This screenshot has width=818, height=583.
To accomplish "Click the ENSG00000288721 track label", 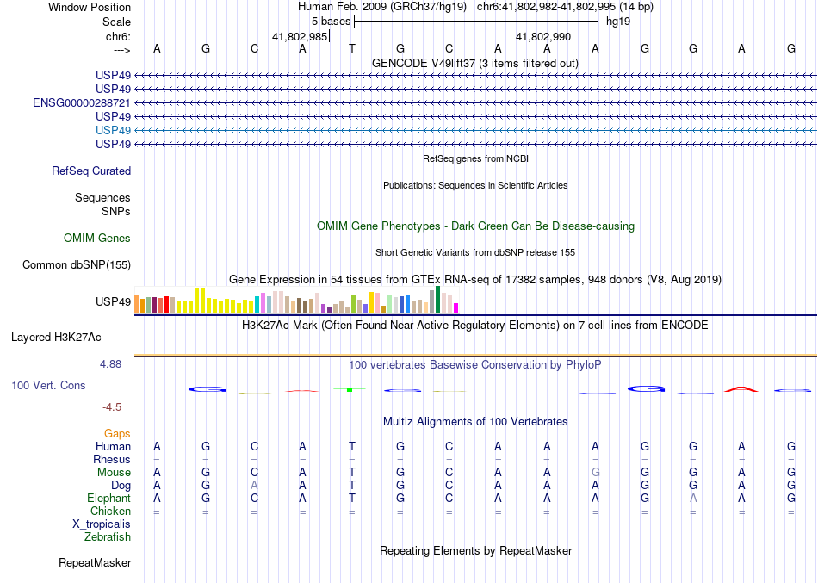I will tap(82, 102).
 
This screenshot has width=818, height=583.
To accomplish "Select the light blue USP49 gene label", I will tap(114, 130).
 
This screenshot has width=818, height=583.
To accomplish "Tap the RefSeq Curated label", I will tap(91, 171).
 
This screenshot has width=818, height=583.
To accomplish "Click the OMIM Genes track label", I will tap(97, 239).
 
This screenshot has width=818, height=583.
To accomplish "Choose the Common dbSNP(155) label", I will tap(77, 265).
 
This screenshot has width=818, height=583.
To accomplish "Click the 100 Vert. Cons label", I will tap(49, 386).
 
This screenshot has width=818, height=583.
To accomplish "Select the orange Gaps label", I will tap(117, 434).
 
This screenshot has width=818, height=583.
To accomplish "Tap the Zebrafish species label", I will tap(108, 537).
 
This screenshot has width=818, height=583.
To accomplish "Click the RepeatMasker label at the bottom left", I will tap(95, 563).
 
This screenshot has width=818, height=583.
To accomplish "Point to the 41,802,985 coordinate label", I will tap(300, 37).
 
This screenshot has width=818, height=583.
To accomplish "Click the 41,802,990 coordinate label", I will tap(543, 37).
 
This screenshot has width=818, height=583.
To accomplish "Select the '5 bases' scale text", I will tap(331, 22).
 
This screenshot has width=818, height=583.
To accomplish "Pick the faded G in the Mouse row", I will tap(595, 473).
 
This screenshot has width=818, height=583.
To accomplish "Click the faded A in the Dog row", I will tap(254, 486).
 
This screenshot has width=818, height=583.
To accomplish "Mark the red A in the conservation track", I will tap(741, 389).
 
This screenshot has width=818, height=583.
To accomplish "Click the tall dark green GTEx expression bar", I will tap(437, 300).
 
